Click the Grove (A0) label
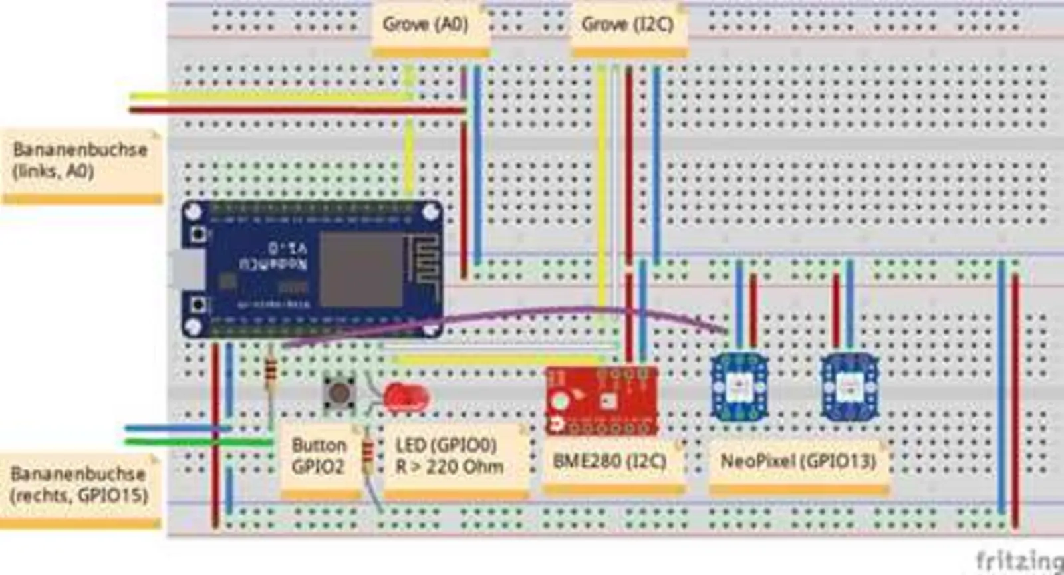pos(426,25)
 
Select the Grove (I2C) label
pos(627,25)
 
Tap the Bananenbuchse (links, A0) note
pos(80,160)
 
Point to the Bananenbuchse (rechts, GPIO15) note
pos(78,485)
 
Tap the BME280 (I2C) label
pos(609,461)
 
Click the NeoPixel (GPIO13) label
pos(798,461)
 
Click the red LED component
pos(406,398)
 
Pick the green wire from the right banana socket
pos(199,441)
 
